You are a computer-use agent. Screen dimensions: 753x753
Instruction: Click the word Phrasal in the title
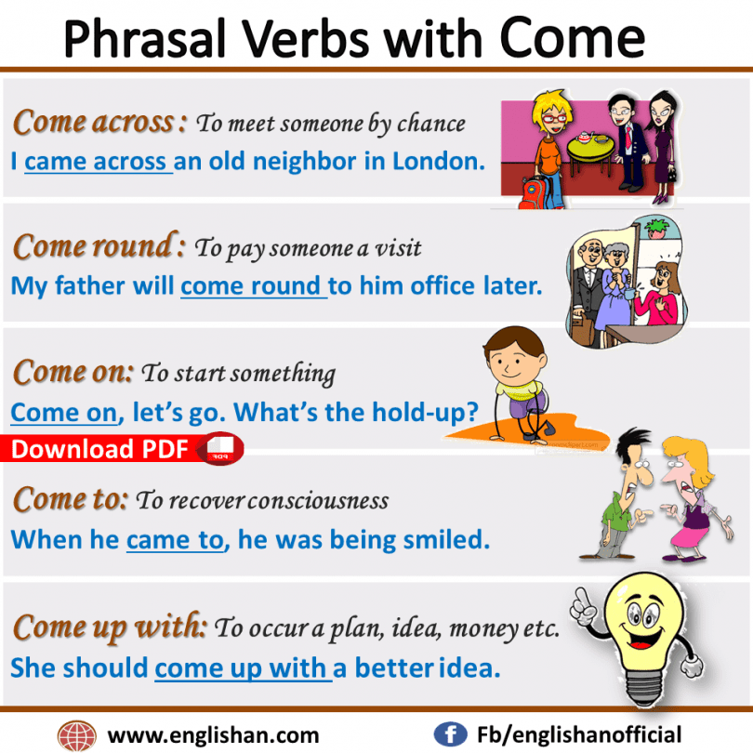pos(144,39)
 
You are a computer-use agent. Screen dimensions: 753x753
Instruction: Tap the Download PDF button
pos(122,449)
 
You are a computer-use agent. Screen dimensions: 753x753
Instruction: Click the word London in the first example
pos(439,162)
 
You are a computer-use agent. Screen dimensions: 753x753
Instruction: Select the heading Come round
pos(99,246)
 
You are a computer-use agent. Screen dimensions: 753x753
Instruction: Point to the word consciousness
pos(318,501)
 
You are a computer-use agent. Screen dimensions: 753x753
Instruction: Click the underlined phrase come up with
pos(243,668)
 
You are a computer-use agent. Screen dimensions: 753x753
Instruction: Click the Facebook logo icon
pos(450,734)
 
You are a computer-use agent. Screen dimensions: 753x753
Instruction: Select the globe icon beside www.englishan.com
pos(76,735)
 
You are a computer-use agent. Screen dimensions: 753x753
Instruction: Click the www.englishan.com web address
pos(213,735)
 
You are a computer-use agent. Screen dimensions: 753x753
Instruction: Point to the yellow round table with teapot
pos(590,147)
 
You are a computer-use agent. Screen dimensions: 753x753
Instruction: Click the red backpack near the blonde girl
pos(533,193)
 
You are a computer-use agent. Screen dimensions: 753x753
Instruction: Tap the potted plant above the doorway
pos(656,228)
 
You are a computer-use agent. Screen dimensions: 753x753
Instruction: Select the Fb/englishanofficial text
pos(579,734)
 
